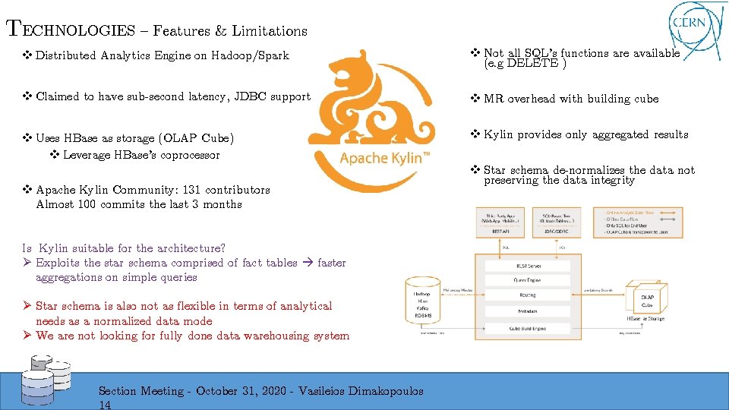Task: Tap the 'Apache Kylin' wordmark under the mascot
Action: pos(385,158)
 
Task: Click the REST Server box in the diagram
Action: pos(527,266)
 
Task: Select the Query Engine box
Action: pos(527,280)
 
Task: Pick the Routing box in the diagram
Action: pos(527,295)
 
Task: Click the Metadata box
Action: pos(527,311)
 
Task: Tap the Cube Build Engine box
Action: pos(527,328)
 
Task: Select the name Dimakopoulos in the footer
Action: pos(385,391)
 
